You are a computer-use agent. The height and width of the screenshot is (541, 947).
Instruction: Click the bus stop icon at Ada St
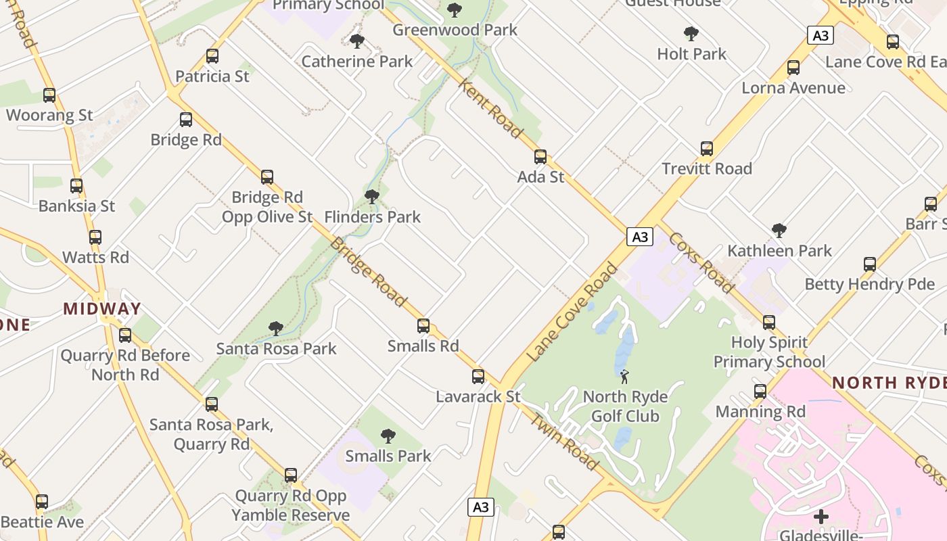[540, 157]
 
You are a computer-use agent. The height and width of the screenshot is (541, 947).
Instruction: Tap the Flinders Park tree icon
[371, 197]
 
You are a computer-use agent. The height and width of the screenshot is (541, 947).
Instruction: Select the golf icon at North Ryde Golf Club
[624, 377]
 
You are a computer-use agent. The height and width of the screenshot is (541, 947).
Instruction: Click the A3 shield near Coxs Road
[640, 237]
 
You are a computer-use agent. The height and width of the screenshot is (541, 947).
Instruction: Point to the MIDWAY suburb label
[102, 309]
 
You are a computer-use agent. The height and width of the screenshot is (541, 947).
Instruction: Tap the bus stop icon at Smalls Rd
[423, 326]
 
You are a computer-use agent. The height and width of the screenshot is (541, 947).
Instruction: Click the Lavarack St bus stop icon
[478, 377]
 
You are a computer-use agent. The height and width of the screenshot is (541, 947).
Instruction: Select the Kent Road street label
[491, 108]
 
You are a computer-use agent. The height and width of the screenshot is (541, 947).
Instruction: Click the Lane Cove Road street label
[572, 312]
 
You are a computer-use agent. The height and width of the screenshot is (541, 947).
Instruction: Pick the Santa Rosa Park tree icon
[275, 329]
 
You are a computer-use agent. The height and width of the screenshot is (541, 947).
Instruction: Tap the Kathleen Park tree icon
[779, 231]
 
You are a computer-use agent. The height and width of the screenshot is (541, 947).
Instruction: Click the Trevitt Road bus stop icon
[707, 149]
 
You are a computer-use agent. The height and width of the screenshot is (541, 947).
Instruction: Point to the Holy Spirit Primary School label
[769, 352]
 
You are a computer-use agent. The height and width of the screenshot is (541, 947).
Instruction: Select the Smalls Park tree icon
[388, 436]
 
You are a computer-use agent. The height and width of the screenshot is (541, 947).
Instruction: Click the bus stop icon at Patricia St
[212, 56]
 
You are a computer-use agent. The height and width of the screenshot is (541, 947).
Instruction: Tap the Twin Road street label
[563, 440]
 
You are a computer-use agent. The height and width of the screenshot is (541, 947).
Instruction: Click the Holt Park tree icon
[691, 34]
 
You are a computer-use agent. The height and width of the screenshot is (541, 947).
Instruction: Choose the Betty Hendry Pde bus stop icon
[870, 264]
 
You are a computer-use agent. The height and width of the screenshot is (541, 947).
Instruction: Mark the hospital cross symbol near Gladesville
[821, 517]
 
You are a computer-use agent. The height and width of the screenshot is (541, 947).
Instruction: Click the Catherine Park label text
[356, 62]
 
